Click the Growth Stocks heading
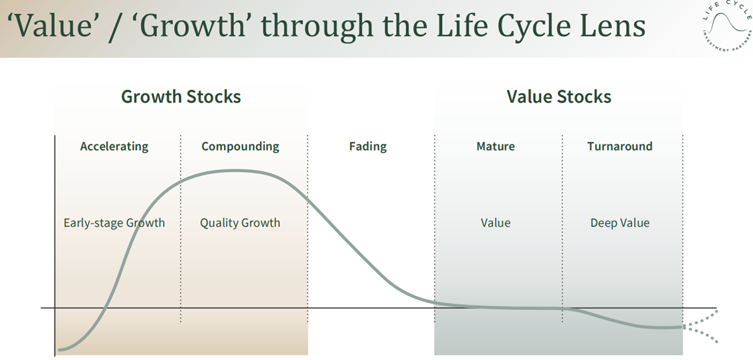coord(181,96)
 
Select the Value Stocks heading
coord(559,96)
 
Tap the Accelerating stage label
coord(114,146)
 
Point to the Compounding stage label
coord(240,146)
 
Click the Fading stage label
coord(368,146)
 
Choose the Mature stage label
coord(496,146)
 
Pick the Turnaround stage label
coord(619,146)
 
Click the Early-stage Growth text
coord(114,223)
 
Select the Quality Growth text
coord(240,223)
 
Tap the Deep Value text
coord(620,223)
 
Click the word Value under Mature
coord(496,223)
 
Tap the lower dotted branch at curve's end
coord(701,335)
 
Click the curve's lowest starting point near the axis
coord(60,349)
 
